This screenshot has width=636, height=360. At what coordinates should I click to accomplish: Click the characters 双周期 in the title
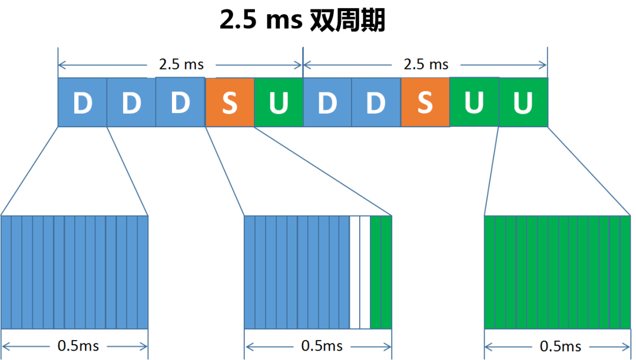click(347, 20)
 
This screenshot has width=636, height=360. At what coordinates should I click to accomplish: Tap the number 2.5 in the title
click(238, 20)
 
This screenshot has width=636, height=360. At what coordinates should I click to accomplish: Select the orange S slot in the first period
click(230, 103)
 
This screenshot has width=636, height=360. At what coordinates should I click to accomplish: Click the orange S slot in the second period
click(425, 103)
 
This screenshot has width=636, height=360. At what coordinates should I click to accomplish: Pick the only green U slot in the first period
click(279, 103)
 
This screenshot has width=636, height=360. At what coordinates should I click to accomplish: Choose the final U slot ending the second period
click(524, 103)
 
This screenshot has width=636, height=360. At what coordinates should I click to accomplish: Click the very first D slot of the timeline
click(82, 103)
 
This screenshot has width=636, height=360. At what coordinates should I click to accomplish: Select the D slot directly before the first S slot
click(180, 103)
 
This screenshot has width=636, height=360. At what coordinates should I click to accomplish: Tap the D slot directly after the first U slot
click(327, 103)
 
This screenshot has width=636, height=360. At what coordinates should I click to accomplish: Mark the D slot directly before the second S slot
click(376, 103)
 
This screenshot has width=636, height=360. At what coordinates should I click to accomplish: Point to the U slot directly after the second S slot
click(474, 103)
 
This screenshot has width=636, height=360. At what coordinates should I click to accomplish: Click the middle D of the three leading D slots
click(131, 103)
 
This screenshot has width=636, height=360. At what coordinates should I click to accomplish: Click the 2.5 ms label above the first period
click(181, 64)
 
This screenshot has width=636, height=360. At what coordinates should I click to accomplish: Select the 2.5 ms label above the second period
click(426, 64)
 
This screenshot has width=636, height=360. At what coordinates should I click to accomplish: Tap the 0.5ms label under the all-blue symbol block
click(78, 346)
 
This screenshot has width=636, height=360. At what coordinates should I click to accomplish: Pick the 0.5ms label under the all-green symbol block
click(561, 346)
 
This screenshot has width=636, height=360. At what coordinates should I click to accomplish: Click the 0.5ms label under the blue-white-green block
click(322, 346)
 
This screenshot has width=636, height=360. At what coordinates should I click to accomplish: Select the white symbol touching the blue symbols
click(355, 272)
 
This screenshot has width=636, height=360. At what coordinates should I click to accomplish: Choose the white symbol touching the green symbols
click(365, 272)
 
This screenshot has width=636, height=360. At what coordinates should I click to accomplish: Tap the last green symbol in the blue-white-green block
click(386, 272)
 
